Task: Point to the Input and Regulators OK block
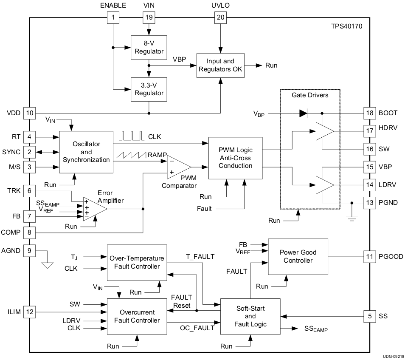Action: tap(220, 65)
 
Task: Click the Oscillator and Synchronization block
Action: tap(86, 152)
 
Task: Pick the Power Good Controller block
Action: tap(298, 256)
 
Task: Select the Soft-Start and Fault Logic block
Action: tap(250, 316)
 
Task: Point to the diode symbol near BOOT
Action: tap(304, 113)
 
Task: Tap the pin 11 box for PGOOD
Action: tap(369, 256)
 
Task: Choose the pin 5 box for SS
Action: tap(369, 316)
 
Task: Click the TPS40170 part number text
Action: tap(346, 26)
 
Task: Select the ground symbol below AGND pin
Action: tap(48, 265)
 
